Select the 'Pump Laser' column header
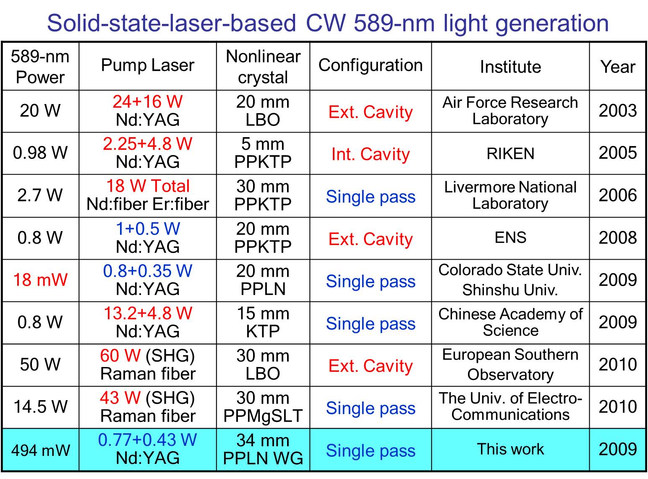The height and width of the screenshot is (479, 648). pos(148,65)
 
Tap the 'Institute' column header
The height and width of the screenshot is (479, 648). pos(510,67)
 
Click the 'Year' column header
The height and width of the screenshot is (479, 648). pos(618,67)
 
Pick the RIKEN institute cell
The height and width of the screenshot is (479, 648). pos(510,154)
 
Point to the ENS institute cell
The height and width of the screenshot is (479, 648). pos(510,237)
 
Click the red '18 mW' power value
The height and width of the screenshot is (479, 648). pos(40,279)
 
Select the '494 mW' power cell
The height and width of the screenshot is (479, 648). pos(41,450)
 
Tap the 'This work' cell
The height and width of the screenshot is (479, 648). pos(510,449)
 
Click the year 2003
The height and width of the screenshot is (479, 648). pos(618,111)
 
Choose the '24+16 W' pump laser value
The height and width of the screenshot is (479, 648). pos(148,102)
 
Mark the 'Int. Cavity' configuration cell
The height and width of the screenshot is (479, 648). pos(371,154)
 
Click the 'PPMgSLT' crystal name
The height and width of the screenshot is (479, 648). pos(263,416)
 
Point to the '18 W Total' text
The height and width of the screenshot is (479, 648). pos(148,186)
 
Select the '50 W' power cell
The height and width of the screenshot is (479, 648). pos(40,364)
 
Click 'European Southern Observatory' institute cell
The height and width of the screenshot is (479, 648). pos(510,364)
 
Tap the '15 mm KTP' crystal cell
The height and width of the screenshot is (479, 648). pos(263,322)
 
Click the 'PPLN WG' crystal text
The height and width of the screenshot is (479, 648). pos(263,458)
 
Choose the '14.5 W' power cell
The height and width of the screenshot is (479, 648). pos(41,406)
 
